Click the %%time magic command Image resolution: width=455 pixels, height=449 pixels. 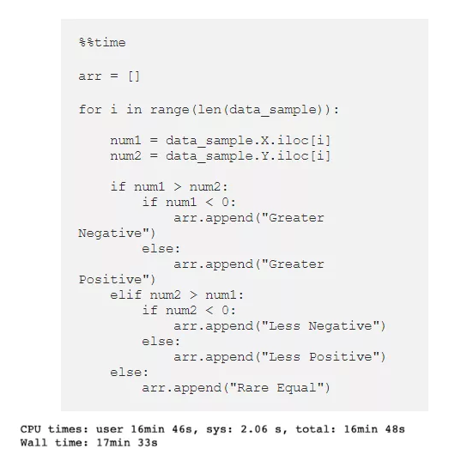pyautogui.click(x=102, y=43)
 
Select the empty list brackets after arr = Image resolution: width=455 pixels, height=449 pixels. pyautogui.click(x=134, y=76)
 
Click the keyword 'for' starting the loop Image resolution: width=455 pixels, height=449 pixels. pyautogui.click(x=90, y=109)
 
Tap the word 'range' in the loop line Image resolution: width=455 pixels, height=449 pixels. pyautogui.click(x=170, y=110)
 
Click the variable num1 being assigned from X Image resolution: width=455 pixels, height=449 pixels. pyautogui.click(x=125, y=141)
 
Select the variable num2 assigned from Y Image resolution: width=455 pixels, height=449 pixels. pyautogui.click(x=125, y=156)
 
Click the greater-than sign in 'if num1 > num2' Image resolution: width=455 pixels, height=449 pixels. pyautogui.click(x=178, y=187)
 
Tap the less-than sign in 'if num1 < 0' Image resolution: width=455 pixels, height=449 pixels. pyautogui.click(x=209, y=203)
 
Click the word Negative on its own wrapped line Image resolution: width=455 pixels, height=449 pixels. pyautogui.click(x=110, y=234)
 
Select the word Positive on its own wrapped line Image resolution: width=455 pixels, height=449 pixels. pyautogui.click(x=110, y=280)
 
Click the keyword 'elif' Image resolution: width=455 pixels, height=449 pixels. pyautogui.click(x=125, y=294)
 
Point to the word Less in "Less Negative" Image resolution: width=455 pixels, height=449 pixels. pyautogui.click(x=284, y=326)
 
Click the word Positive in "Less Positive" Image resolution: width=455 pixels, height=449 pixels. pyautogui.click(x=340, y=357)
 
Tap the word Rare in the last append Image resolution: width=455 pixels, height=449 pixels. pyautogui.click(x=252, y=388)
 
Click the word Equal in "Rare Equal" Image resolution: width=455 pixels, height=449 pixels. pyautogui.click(x=296, y=388)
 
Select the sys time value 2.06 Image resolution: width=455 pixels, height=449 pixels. pyautogui.click(x=254, y=429)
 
